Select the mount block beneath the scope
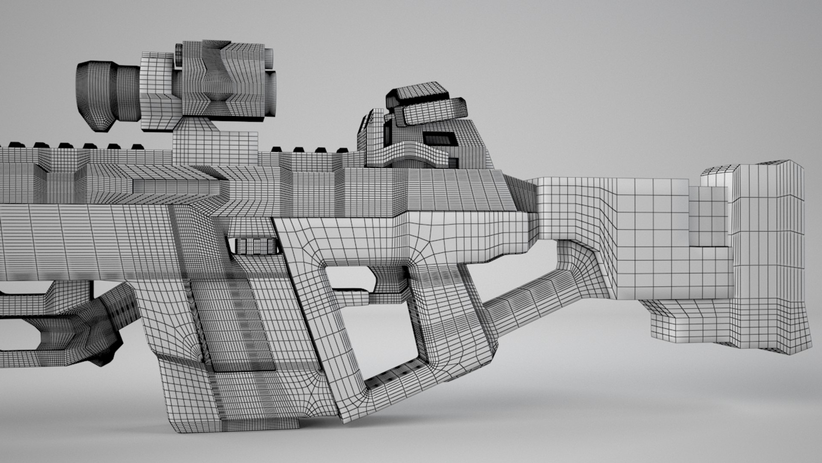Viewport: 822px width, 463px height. pyautogui.click(x=214, y=146)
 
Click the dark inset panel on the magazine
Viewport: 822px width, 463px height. pyautogui.click(x=240, y=322)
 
